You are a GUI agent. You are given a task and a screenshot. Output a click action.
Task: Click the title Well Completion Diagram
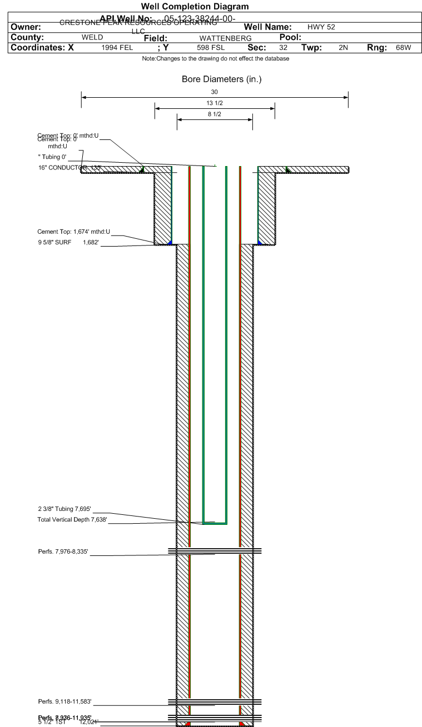tap(195, 7)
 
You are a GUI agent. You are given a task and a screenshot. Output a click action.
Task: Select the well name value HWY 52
tap(321, 27)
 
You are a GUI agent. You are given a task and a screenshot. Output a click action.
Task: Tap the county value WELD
tap(92, 37)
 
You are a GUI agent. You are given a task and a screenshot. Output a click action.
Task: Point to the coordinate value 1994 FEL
tap(117, 48)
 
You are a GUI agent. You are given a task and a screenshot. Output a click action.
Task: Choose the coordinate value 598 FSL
tap(211, 48)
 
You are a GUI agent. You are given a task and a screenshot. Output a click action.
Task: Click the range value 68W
tap(403, 48)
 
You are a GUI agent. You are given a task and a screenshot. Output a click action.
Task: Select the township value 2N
tap(343, 48)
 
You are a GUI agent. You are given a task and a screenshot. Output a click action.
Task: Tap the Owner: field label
tap(26, 27)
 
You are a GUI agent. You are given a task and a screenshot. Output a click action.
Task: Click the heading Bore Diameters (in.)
tap(221, 79)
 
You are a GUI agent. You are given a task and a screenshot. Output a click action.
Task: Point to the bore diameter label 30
tap(215, 92)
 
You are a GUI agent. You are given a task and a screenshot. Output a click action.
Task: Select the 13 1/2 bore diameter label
tap(215, 103)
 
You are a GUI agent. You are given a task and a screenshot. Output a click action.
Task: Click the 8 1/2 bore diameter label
tap(215, 114)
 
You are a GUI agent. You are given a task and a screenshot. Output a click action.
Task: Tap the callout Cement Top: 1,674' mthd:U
tap(74, 232)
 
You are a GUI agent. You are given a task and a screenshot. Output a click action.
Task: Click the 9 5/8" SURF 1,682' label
tap(68, 242)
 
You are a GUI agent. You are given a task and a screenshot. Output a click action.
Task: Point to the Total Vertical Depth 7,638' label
tap(72, 520)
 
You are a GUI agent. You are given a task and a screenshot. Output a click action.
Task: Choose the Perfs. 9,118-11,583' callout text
tap(64, 701)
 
